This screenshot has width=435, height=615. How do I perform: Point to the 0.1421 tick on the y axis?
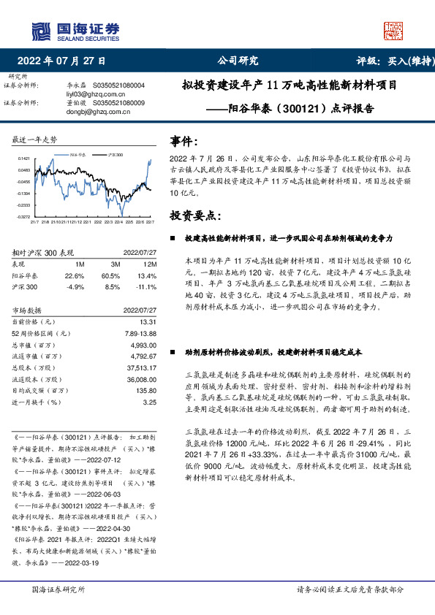point(24,158)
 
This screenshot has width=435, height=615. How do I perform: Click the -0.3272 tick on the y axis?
point(24,217)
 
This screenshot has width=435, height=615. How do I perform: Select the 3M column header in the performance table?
point(116,264)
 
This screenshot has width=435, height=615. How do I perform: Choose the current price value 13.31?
point(148,321)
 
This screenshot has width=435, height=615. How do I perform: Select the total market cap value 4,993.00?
point(143,344)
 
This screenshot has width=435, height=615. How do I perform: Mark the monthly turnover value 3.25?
point(150,402)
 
